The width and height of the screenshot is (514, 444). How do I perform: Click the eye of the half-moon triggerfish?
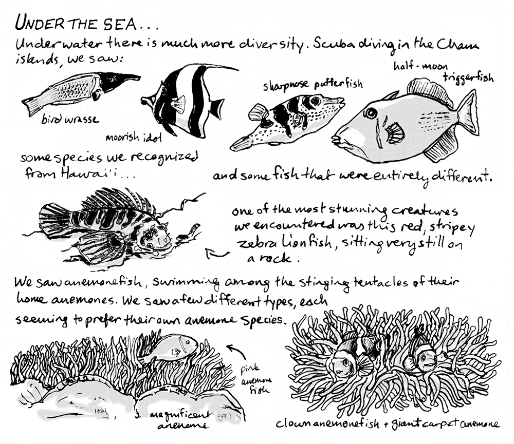(x=371, y=113)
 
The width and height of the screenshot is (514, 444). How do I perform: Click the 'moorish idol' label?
(x=134, y=137)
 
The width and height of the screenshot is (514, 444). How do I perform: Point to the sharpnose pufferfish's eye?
(x=315, y=101)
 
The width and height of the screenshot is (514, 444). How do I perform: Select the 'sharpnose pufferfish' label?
(x=313, y=85)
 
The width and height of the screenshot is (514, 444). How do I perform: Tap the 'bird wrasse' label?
(x=70, y=120)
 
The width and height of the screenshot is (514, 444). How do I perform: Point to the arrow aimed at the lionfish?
(x=217, y=253)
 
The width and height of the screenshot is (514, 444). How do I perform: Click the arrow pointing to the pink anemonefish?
(x=238, y=351)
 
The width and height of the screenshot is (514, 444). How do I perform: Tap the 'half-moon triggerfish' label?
(x=443, y=72)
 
